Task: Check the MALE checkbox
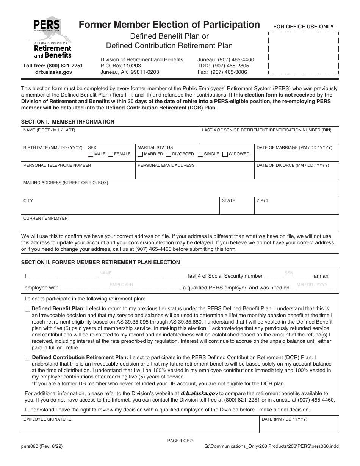[91, 154]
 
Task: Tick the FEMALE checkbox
[111, 154]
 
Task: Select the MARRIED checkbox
[140, 154]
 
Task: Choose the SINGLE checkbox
[200, 154]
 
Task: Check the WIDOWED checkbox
[225, 154]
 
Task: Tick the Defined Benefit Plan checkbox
[28, 309]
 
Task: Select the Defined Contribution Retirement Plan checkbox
[28, 357]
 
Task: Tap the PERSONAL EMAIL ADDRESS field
[194, 172]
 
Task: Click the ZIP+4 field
[296, 208]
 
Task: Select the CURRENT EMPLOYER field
[180, 225]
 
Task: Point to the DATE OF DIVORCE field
[296, 172]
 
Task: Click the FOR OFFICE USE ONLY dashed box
[303, 53]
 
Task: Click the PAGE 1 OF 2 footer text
[180, 441]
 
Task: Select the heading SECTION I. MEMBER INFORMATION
[68, 122]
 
